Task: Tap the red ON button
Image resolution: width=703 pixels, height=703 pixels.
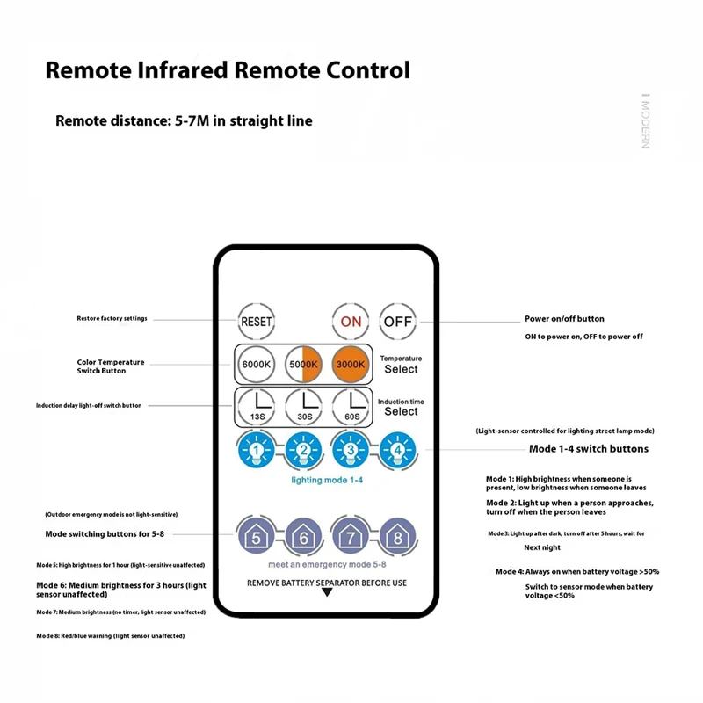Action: tap(351, 322)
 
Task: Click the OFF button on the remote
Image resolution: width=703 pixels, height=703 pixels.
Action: tap(397, 322)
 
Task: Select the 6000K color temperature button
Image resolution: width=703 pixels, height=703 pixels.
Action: tap(256, 364)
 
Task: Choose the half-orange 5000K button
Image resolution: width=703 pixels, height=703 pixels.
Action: tap(303, 364)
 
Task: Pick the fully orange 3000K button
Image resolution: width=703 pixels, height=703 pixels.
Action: tap(351, 364)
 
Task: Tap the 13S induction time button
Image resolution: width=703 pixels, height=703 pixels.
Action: tap(256, 407)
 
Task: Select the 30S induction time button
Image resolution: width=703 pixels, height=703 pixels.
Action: tap(303, 407)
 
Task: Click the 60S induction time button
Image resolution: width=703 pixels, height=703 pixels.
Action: tap(351, 407)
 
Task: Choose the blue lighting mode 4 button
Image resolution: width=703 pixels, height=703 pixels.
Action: tap(398, 451)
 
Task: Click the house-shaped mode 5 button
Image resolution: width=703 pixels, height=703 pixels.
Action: tap(256, 535)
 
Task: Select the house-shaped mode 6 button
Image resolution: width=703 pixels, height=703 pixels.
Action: tap(303, 535)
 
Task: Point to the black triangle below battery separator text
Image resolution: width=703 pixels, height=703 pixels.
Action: tap(327, 593)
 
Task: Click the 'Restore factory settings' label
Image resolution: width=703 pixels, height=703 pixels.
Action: tap(112, 318)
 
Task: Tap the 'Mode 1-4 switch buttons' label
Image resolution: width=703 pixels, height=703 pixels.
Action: tap(588, 449)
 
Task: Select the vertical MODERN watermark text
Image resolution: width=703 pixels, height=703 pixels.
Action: tap(645, 121)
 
